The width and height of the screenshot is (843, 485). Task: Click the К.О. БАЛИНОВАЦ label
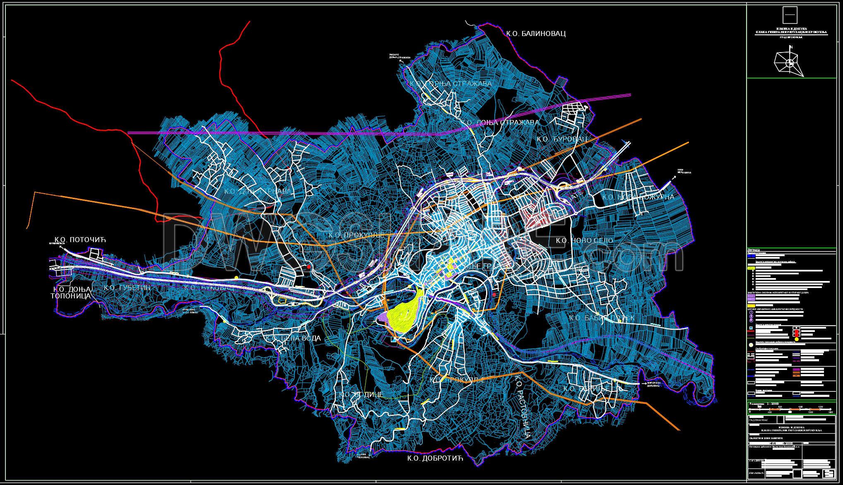click(536, 34)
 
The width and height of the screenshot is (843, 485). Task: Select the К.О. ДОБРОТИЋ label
click(434, 458)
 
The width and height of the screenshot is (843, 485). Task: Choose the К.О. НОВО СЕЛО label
click(584, 240)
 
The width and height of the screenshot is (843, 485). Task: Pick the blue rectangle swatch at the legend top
click(751, 257)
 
